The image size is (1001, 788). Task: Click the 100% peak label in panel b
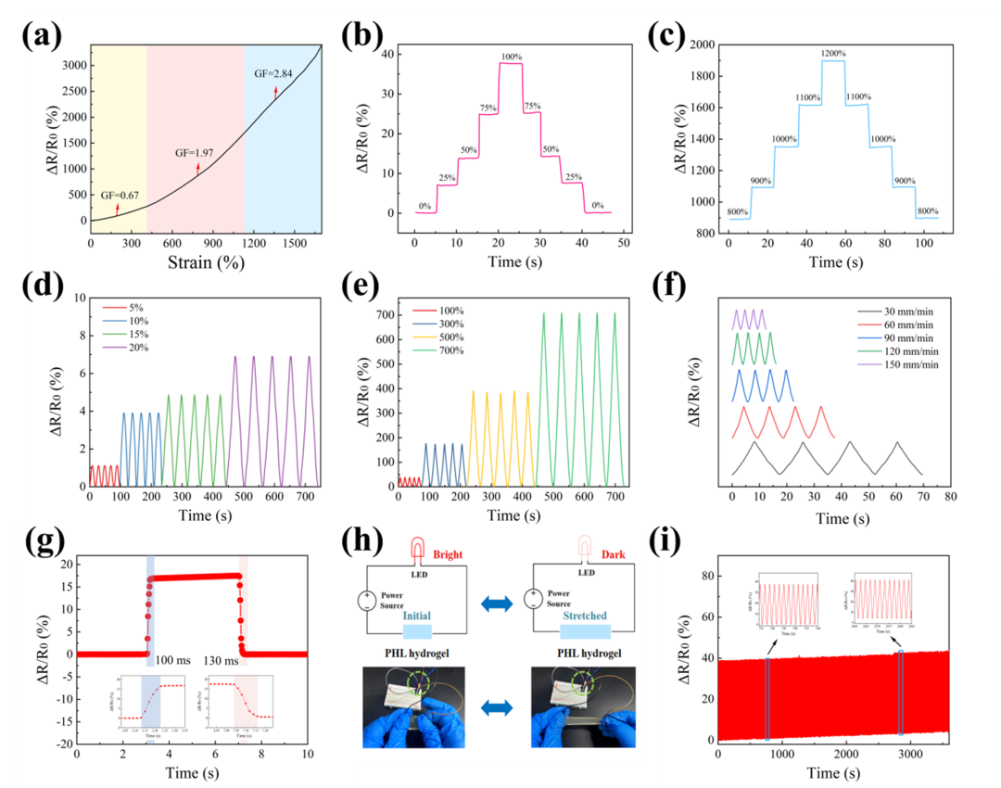(511, 57)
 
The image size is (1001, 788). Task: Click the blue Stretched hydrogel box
(585, 630)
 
